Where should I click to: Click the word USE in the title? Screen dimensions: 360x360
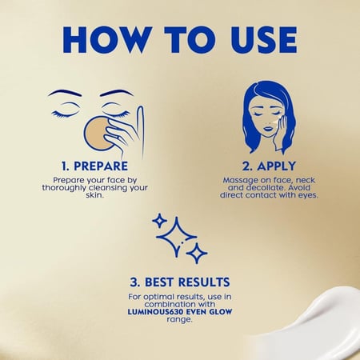pos(264,39)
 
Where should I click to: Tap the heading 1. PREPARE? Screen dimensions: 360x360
pos(94,166)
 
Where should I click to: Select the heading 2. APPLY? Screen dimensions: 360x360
pos(269,166)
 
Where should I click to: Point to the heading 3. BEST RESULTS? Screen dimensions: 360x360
pos(180,282)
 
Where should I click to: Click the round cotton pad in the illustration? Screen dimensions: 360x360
pos(98,134)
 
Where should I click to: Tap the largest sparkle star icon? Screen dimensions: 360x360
pos(176,237)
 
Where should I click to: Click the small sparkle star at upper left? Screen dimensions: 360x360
pos(159,221)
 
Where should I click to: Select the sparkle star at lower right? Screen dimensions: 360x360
pos(197,253)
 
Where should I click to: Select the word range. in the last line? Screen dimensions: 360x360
pos(179,319)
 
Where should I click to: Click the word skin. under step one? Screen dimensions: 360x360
pos(94,195)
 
